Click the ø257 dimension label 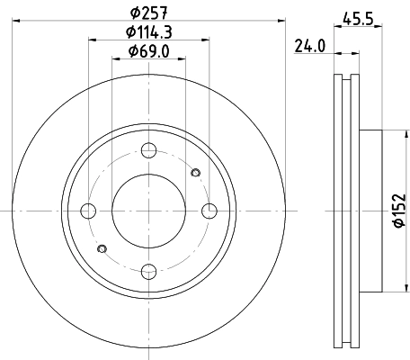[149, 13]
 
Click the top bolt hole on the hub [149, 150]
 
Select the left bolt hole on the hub [88, 211]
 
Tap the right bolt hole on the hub [210, 211]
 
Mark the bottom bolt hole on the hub [149, 271]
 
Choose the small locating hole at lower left [102, 248]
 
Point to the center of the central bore [149, 211]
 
